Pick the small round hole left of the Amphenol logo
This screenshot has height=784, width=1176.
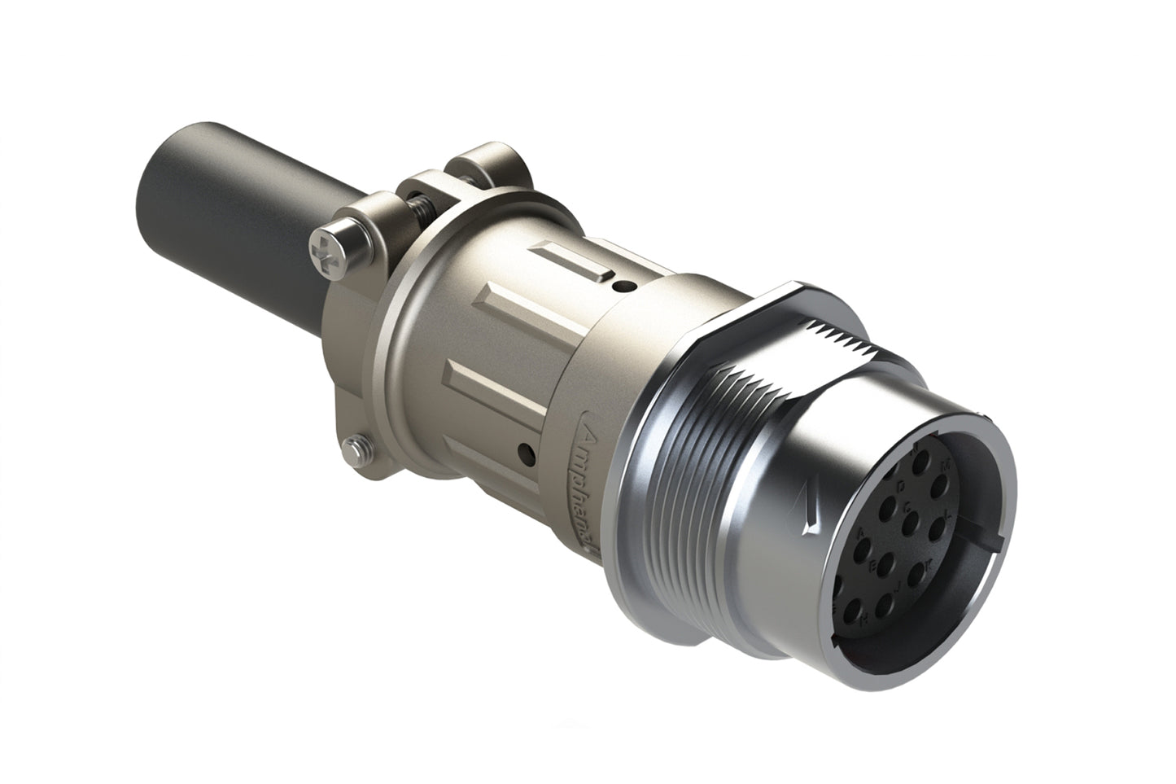[x=529, y=449]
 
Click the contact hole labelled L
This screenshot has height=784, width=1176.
[x=938, y=530]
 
